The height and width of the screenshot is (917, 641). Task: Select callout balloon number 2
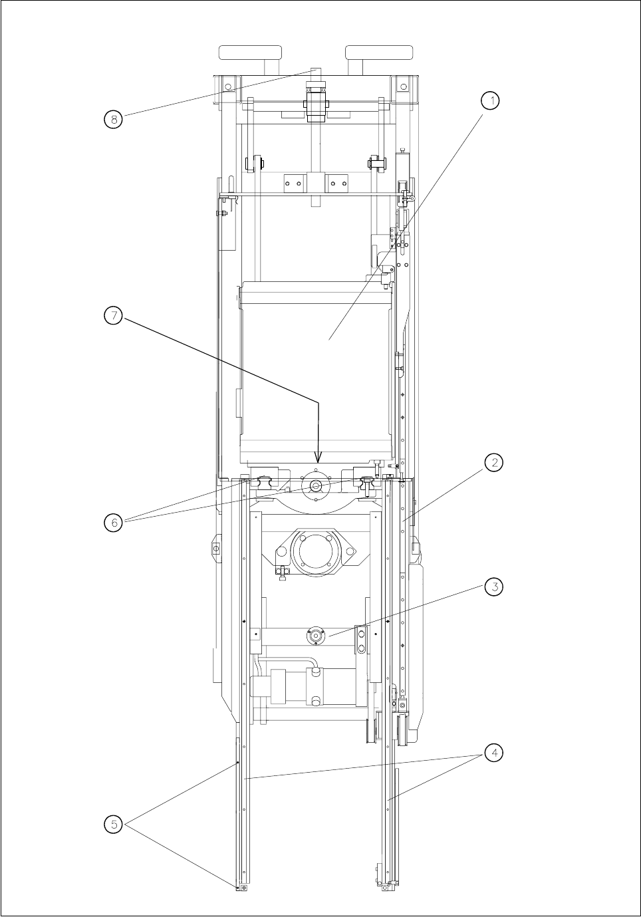pyautogui.click(x=493, y=462)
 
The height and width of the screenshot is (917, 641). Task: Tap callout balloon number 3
pyautogui.click(x=493, y=587)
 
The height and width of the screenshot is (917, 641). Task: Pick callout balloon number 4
pyautogui.click(x=493, y=753)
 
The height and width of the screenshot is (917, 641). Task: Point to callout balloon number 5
pyautogui.click(x=114, y=825)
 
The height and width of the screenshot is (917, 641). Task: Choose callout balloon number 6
pyautogui.click(x=114, y=522)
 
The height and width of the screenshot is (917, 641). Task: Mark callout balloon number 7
pyautogui.click(x=114, y=316)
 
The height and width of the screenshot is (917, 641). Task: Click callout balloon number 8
pyautogui.click(x=114, y=120)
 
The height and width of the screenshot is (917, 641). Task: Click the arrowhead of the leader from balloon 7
pyautogui.click(x=318, y=459)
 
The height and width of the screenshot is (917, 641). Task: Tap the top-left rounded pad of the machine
pyautogui.click(x=250, y=53)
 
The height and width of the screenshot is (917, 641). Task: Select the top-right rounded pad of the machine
pyautogui.click(x=380, y=53)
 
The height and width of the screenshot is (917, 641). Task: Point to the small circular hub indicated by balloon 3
pyautogui.click(x=315, y=636)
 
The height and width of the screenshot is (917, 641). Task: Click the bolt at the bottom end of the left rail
pyautogui.click(x=244, y=888)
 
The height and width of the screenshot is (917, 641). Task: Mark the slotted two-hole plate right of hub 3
pyautogui.click(x=361, y=639)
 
